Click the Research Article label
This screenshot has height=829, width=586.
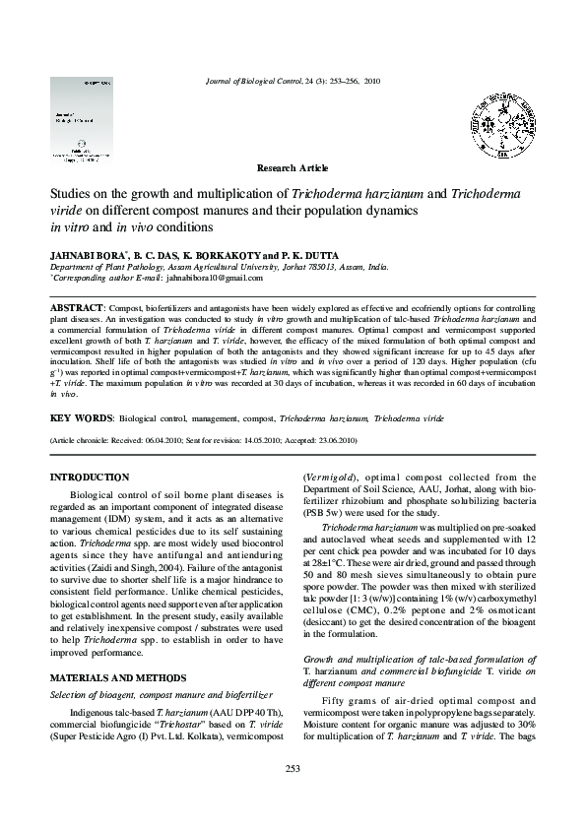[293, 168]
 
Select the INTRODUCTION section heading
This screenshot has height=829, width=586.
[90, 477]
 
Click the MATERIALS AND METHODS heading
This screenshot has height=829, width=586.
[117, 650]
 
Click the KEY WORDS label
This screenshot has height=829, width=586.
[81, 416]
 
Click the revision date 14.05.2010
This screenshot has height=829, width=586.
[249, 440]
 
